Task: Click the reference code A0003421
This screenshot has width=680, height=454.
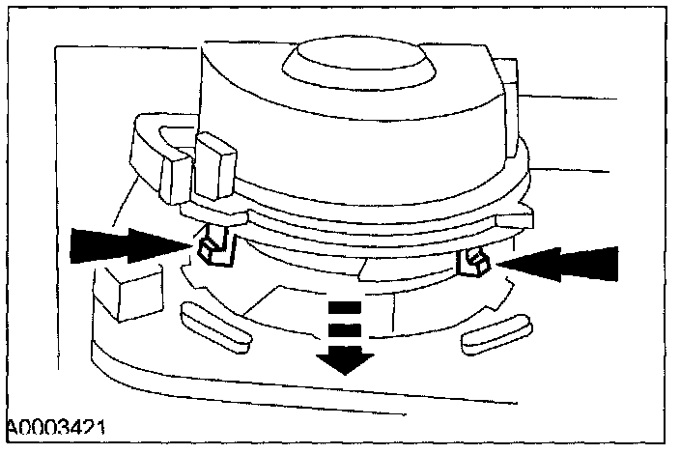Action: tap(55, 427)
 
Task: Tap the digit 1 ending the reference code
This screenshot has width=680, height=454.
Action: tap(100, 427)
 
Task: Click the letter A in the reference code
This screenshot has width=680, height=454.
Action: tap(11, 427)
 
